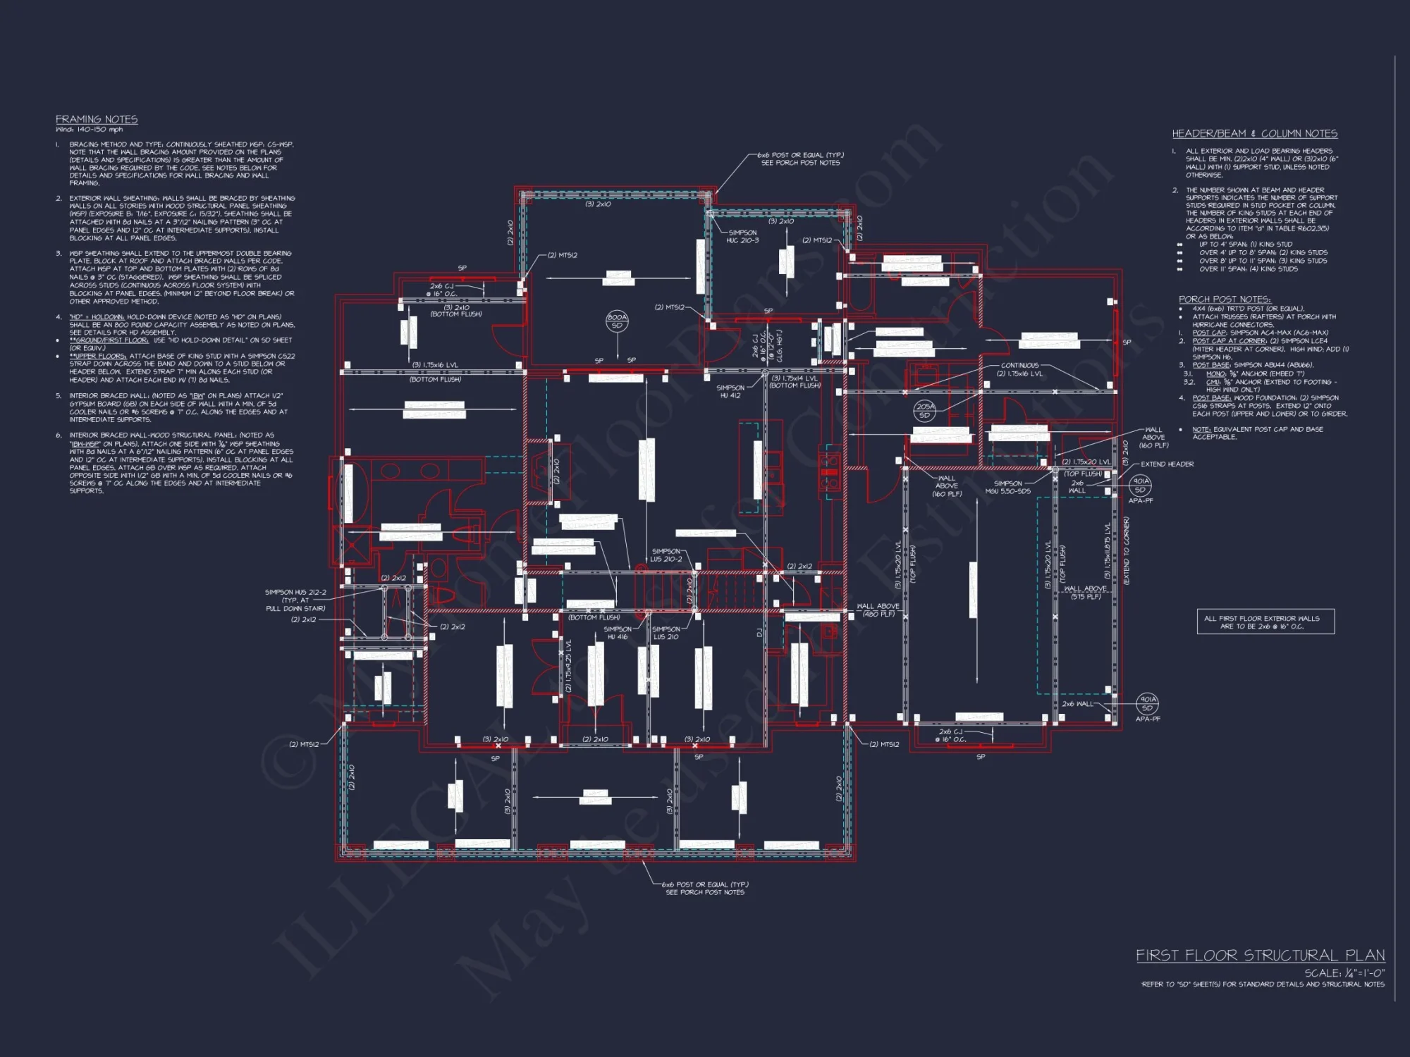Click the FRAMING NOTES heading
pyautogui.click(x=97, y=120)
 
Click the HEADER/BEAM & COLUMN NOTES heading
pyautogui.click(x=1254, y=134)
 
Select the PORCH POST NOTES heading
pyautogui.click(x=1224, y=299)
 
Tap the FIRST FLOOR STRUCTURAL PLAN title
pyautogui.click(x=1260, y=956)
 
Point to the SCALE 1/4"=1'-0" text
pyautogui.click(x=1344, y=973)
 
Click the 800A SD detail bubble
pyautogui.click(x=617, y=321)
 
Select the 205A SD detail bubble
pyautogui.click(x=925, y=411)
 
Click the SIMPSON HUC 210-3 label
pyautogui.click(x=742, y=236)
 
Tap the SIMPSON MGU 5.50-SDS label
pyautogui.click(x=1007, y=487)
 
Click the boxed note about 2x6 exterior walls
pyautogui.click(x=1265, y=622)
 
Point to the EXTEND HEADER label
pyautogui.click(x=1167, y=464)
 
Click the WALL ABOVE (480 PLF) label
pyautogui.click(x=878, y=610)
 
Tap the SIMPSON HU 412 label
pyautogui.click(x=730, y=391)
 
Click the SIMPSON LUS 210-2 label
pyautogui.click(x=666, y=555)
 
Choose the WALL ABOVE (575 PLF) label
pyautogui.click(x=1085, y=593)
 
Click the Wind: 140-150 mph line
pyautogui.click(x=90, y=130)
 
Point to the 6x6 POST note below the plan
pyautogui.click(x=705, y=888)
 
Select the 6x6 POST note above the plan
pyautogui.click(x=800, y=159)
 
